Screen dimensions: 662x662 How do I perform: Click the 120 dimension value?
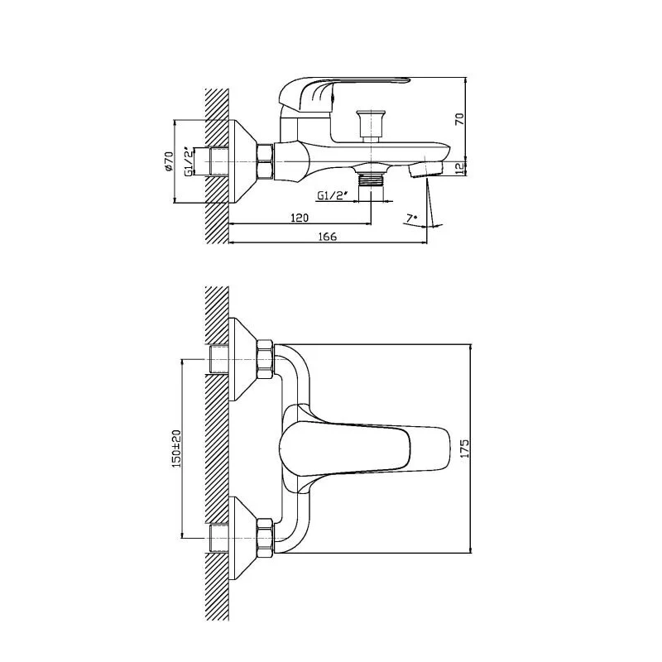pos(300,218)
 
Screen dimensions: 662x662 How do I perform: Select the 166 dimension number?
pos(328,237)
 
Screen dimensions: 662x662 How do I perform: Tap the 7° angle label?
pos(411,218)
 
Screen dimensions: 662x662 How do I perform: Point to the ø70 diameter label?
pos(169,161)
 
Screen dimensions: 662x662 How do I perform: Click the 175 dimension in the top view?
pos(464,449)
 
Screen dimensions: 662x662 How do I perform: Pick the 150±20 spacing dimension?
pos(176,449)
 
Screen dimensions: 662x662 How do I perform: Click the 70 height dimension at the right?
pos(459,118)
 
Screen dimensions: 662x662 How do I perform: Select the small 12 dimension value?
pos(459,168)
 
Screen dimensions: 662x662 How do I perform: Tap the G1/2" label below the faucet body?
pos(333,195)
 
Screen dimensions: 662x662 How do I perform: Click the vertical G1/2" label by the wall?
pos(189,161)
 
